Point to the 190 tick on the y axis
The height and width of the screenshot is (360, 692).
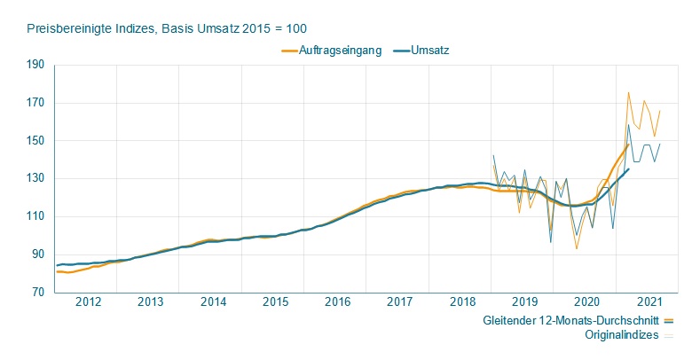pos(35,65)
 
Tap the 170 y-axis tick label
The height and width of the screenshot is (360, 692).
pos(35,103)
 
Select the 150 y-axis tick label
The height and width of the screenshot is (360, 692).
pos(35,141)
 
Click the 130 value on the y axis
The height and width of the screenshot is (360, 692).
pos(35,179)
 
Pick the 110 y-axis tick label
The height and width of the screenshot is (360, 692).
pos(35,216)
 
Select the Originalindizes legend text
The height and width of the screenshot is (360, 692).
pos(622,336)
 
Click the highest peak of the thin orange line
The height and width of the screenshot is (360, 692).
pos(628,92)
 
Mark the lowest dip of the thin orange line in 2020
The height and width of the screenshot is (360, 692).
pos(577,248)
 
